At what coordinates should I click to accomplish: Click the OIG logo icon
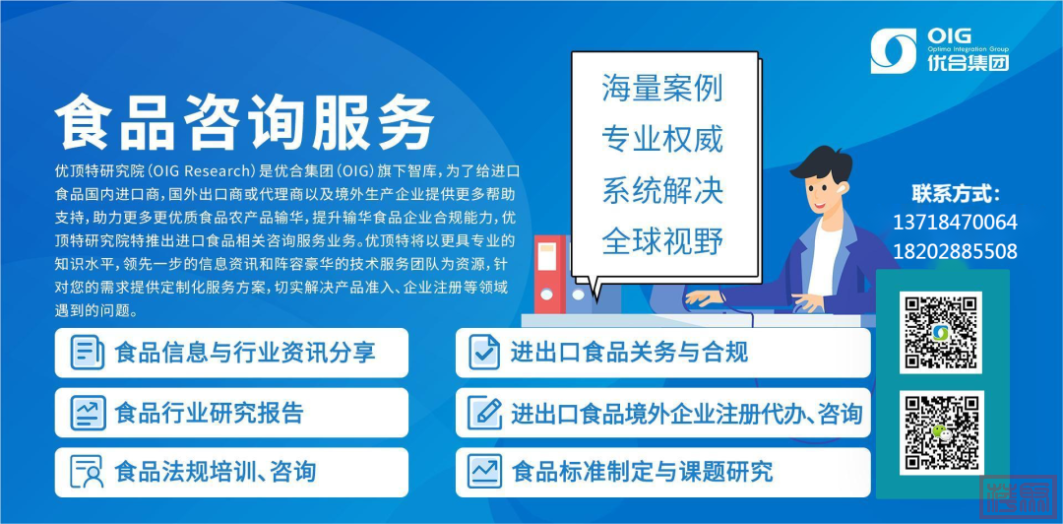click(893, 50)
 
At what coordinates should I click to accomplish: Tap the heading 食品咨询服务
click(245, 122)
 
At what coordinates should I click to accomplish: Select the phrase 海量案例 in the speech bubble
click(662, 89)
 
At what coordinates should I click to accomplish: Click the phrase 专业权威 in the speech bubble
click(662, 139)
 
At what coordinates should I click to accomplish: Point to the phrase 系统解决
click(662, 190)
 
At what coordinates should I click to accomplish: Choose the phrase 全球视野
click(662, 241)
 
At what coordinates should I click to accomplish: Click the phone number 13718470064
click(955, 223)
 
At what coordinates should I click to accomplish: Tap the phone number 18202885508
click(955, 252)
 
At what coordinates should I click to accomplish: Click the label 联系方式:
click(956, 194)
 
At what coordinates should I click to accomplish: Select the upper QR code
click(941, 333)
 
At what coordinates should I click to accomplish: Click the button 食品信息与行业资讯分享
click(232, 353)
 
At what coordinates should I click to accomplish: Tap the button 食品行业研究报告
click(232, 413)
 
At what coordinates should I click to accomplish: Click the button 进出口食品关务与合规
click(663, 353)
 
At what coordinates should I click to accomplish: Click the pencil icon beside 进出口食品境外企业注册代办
click(484, 413)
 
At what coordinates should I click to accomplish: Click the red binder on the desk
click(550, 274)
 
